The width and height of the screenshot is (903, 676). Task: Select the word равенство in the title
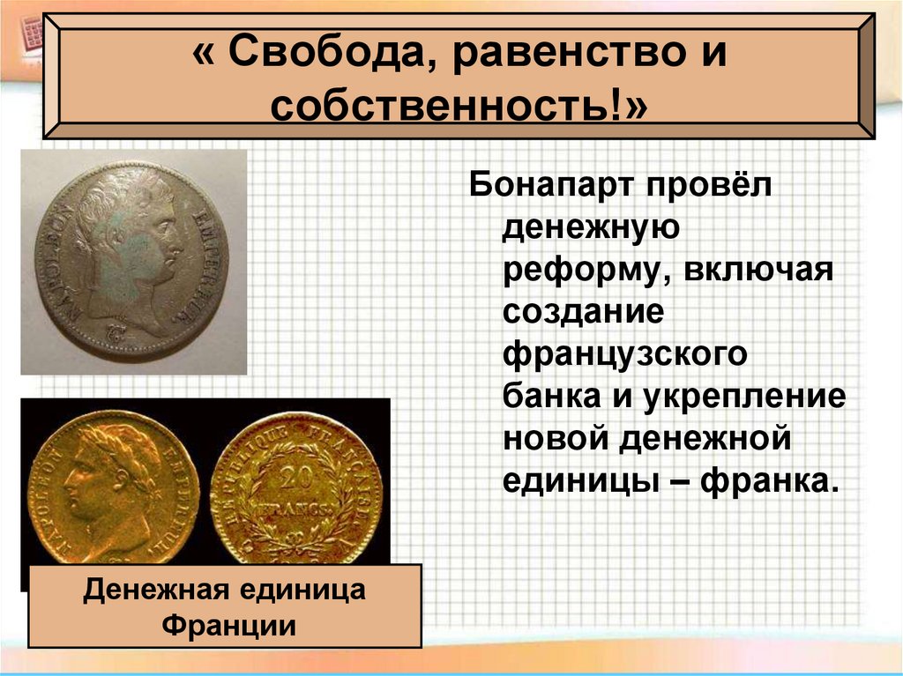coord(548,56)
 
